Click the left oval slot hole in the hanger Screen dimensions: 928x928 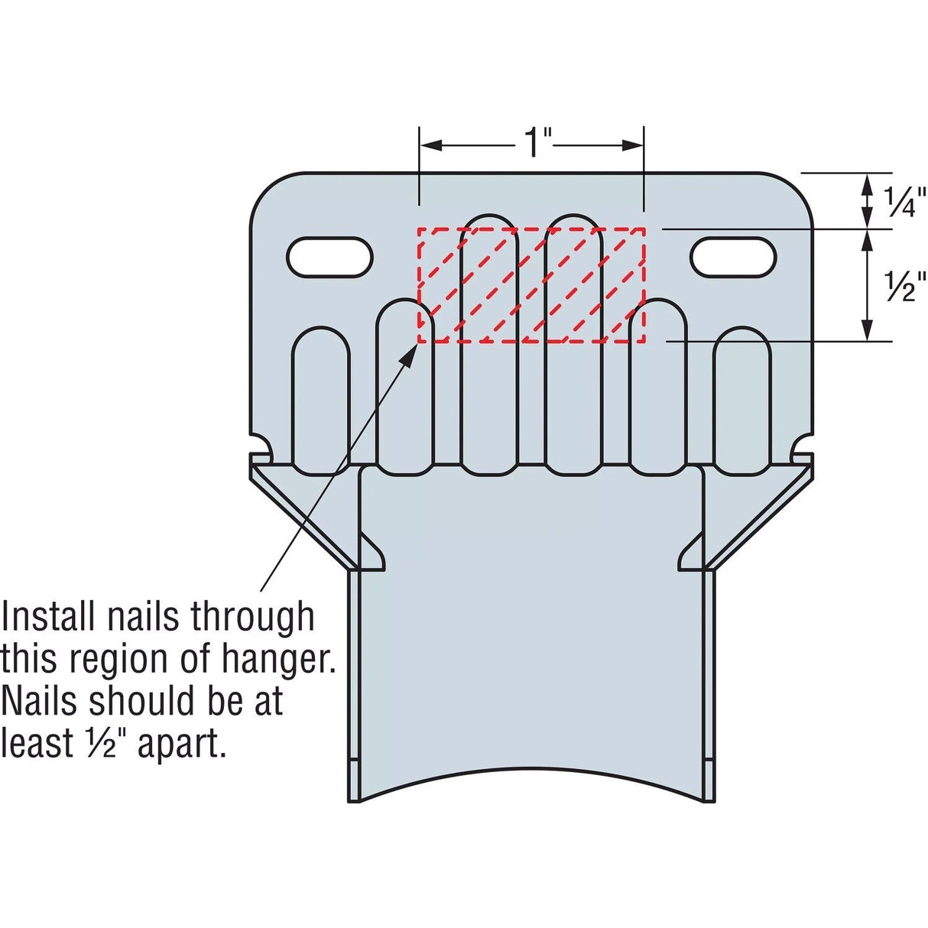coord(330,257)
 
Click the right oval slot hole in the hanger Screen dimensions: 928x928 coord(733,257)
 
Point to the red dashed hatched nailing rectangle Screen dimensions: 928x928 coord(531,285)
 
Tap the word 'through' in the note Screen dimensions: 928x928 coord(252,618)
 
